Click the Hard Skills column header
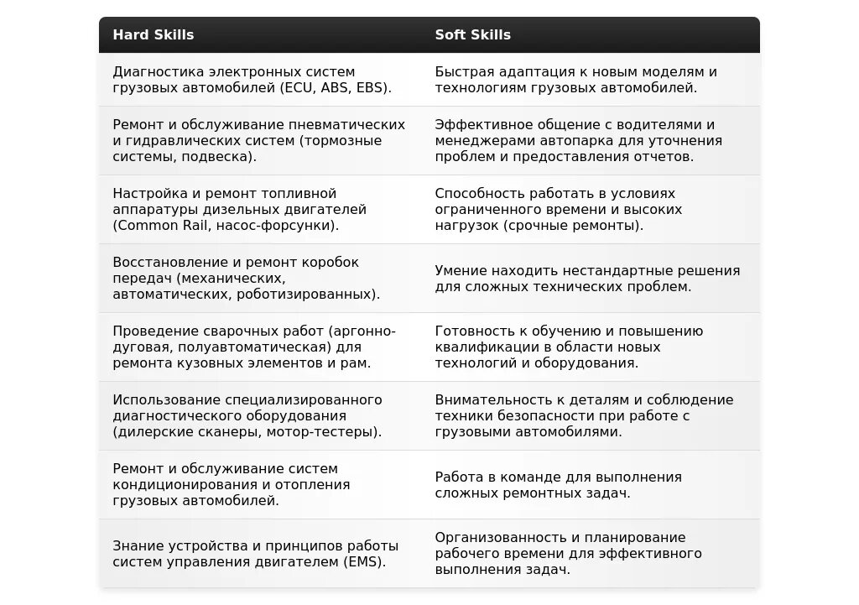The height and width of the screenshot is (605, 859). tap(154, 34)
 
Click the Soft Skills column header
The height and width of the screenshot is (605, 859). tap(473, 34)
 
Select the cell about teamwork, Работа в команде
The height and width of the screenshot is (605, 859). tap(558, 485)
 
